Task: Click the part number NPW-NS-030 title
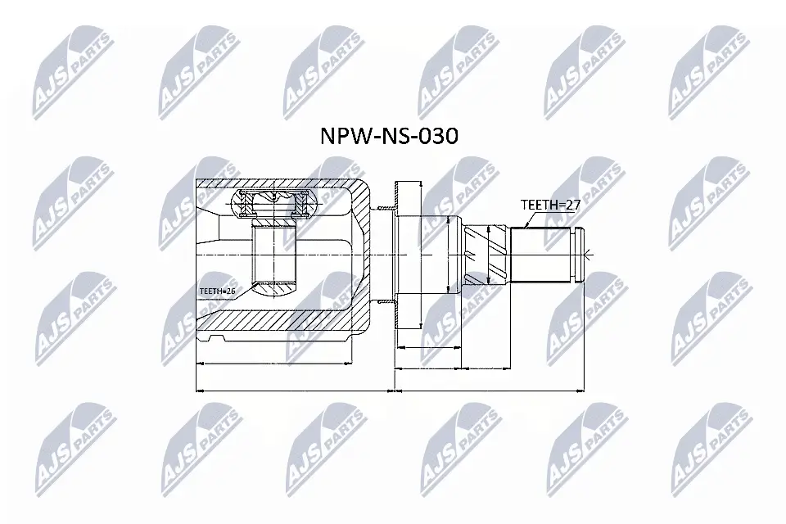[x=388, y=135]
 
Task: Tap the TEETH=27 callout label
[x=550, y=206]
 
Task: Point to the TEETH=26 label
[x=216, y=291]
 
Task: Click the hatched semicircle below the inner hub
[x=272, y=289]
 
